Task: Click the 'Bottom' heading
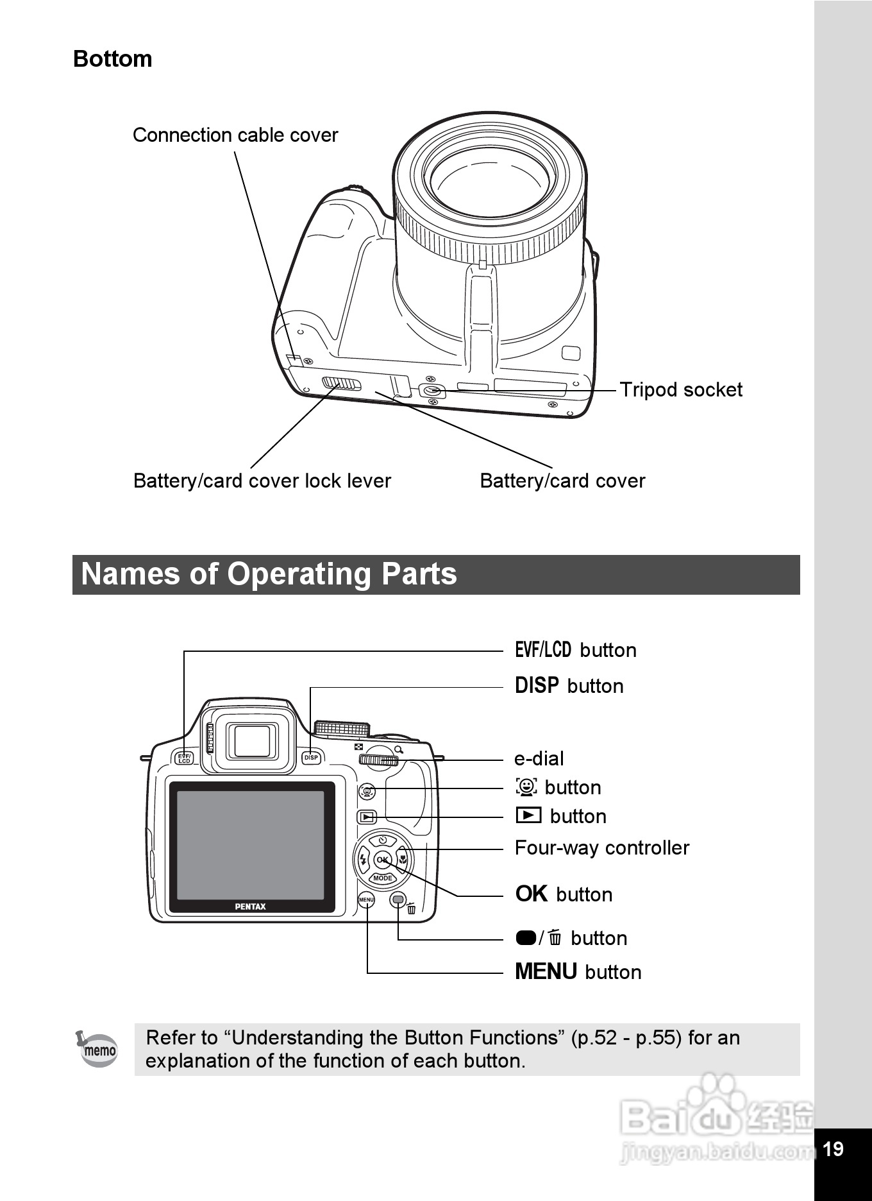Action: (x=113, y=59)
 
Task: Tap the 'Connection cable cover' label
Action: (x=235, y=135)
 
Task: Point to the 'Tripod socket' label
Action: (x=680, y=390)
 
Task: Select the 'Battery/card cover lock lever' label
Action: (x=262, y=481)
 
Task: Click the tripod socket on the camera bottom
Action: (x=432, y=391)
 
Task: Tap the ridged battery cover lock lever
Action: (x=342, y=384)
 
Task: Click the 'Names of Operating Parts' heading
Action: (x=269, y=574)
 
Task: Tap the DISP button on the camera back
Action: (x=311, y=758)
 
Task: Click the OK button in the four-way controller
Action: (x=382, y=860)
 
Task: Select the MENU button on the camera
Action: (x=366, y=900)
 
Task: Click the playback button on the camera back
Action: (x=367, y=817)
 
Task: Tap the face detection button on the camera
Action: (x=367, y=791)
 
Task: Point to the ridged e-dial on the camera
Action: (x=379, y=761)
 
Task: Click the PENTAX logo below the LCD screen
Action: (x=250, y=907)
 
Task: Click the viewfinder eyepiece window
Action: (x=252, y=741)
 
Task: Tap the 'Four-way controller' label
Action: (x=601, y=848)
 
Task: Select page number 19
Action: (x=833, y=1149)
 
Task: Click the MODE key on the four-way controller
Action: (x=382, y=878)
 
